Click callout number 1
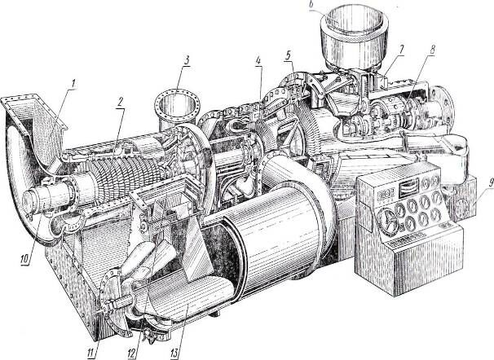[x=73, y=83]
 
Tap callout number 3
[x=187, y=60]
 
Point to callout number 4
[x=258, y=60]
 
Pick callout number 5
[x=288, y=55]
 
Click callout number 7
[x=401, y=50]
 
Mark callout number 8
[x=431, y=50]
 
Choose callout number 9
[x=490, y=185]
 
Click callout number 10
[x=25, y=259]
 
